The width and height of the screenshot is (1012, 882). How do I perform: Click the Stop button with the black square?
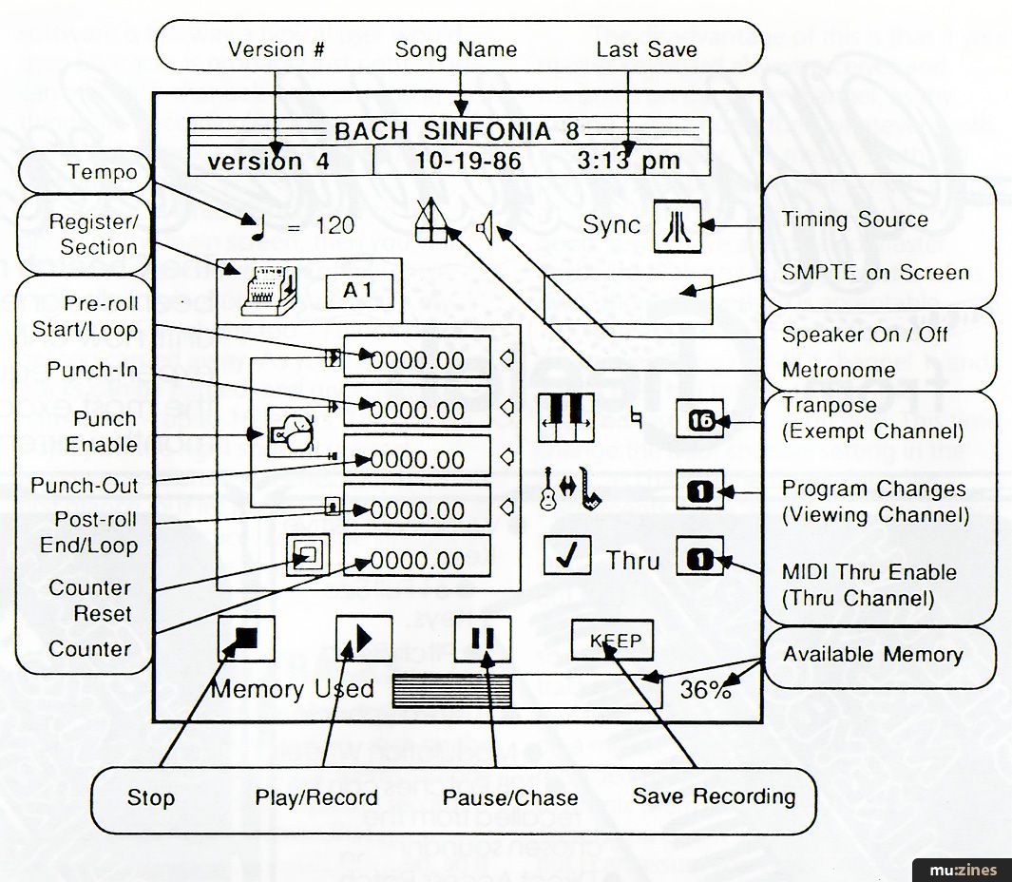click(246, 639)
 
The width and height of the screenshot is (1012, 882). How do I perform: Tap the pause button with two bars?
click(483, 639)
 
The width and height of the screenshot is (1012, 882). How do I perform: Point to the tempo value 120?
click(334, 225)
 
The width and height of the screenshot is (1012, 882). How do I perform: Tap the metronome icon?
click(432, 222)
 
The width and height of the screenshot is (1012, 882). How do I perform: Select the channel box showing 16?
click(699, 419)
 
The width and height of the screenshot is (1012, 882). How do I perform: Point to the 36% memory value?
click(706, 691)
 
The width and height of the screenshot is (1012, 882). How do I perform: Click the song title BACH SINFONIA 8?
click(456, 131)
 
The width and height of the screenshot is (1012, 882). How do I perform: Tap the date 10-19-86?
click(468, 161)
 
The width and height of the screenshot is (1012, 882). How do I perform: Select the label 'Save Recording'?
click(714, 796)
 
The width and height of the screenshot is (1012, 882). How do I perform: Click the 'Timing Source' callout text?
click(854, 220)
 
